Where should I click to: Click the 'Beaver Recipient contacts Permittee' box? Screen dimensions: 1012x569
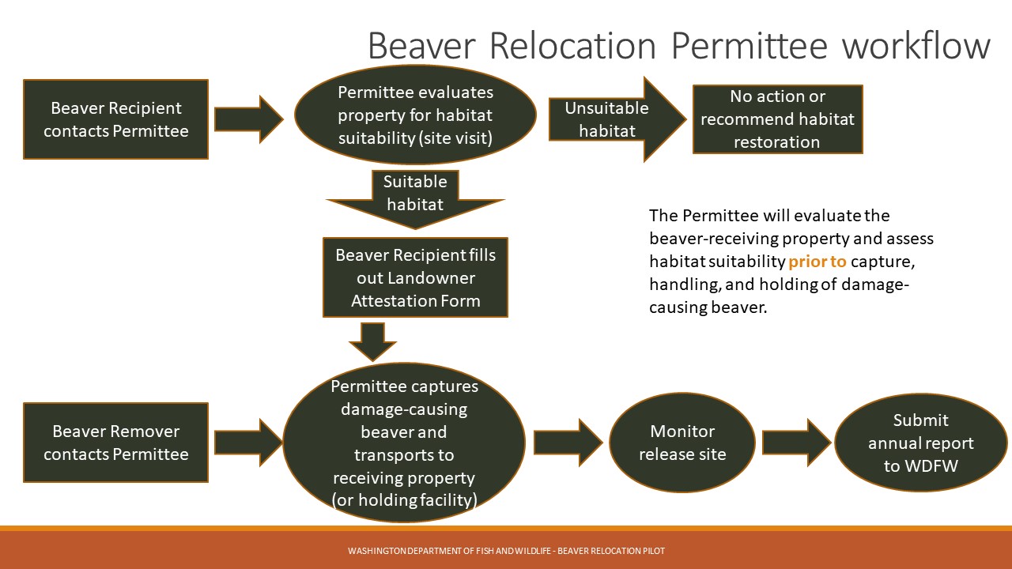(115, 119)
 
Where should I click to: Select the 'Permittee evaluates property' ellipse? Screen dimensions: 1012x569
(415, 115)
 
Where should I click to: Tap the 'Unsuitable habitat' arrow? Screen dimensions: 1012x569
(617, 119)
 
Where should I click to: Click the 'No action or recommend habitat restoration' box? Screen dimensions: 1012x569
(777, 119)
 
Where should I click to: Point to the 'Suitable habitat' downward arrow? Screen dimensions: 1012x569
(415, 199)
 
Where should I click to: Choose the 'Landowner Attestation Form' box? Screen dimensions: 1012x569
(415, 277)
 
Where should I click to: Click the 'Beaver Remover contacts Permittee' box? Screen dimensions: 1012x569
(115, 443)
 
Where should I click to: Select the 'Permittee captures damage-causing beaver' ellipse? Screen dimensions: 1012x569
(404, 443)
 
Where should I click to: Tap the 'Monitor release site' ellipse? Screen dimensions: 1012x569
(682, 443)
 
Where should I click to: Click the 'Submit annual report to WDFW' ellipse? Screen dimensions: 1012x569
(921, 443)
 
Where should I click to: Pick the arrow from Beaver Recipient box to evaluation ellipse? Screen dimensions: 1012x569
(248, 119)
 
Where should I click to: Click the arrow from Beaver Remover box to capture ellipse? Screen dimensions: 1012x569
(248, 443)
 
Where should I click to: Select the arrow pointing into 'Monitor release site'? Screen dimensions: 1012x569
(568, 443)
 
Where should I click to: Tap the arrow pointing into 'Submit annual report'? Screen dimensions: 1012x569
(796, 443)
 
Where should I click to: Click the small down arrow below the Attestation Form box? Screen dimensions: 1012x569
(372, 342)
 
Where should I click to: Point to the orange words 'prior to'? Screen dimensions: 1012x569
(817, 262)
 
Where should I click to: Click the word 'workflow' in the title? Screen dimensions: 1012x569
(916, 46)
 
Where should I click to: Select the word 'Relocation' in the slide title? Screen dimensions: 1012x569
(572, 46)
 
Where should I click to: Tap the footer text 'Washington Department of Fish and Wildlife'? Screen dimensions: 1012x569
(450, 551)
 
